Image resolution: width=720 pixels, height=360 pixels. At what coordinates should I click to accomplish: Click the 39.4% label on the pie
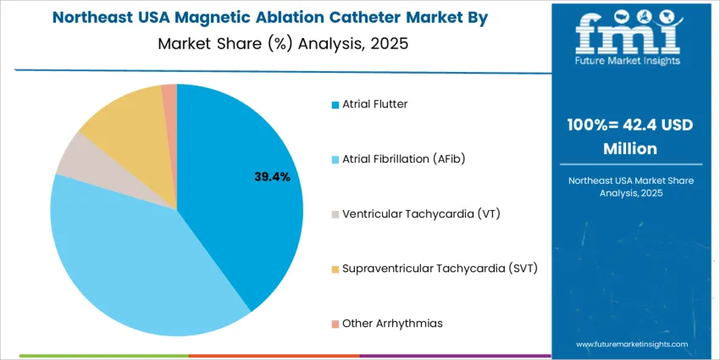coord(272,177)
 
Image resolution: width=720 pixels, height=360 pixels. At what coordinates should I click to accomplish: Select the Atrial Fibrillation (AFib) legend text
coord(404,158)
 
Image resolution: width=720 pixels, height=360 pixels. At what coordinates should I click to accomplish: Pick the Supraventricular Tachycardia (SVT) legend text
coord(440,269)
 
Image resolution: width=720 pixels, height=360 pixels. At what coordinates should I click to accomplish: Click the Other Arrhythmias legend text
coord(392,323)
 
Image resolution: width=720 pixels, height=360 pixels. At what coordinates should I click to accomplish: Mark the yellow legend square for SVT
coord(335,269)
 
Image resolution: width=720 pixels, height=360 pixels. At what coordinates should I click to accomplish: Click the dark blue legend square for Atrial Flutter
coord(335,105)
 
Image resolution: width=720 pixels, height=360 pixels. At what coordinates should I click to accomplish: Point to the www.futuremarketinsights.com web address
coord(630,345)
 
